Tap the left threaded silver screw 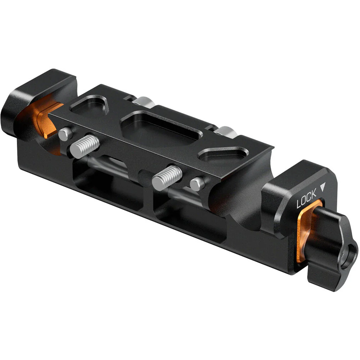85,145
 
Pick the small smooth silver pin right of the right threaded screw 197,183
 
